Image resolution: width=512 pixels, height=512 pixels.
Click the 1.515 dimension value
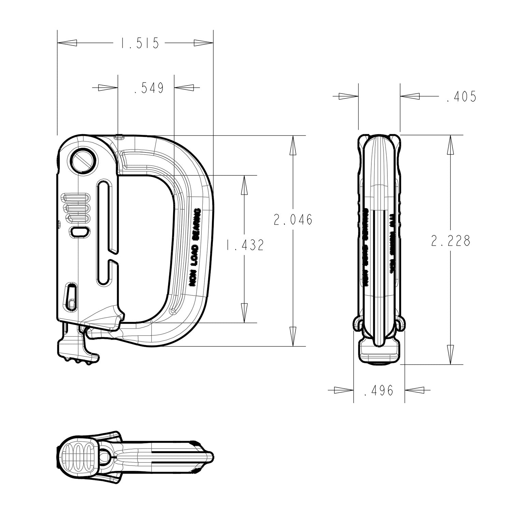pos(139,43)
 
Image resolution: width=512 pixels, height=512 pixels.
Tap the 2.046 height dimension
pos(293,220)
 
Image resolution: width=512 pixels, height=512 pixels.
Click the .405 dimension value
pos(461,97)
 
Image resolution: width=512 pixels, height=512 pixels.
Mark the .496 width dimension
pos(379,390)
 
